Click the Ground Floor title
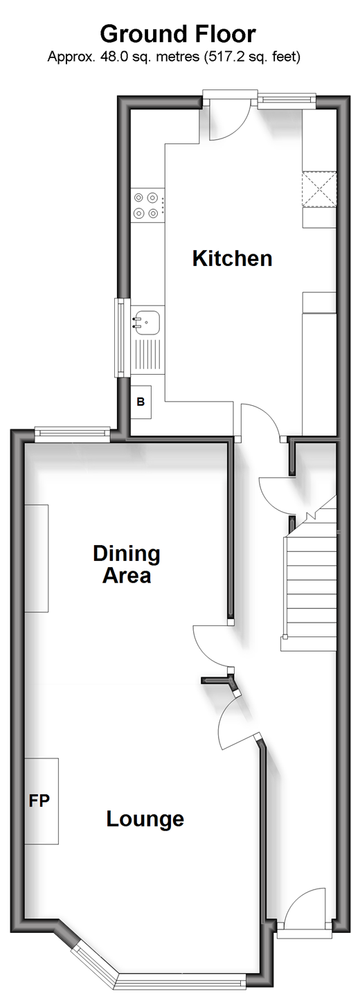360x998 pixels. [178, 35]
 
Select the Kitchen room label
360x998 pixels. [232, 258]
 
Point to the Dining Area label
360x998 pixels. [127, 564]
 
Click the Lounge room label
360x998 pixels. [145, 819]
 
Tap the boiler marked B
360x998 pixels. [141, 402]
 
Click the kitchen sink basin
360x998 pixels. [146, 322]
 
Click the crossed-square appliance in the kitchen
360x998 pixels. [319, 189]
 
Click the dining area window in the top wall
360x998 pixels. [73, 434]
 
